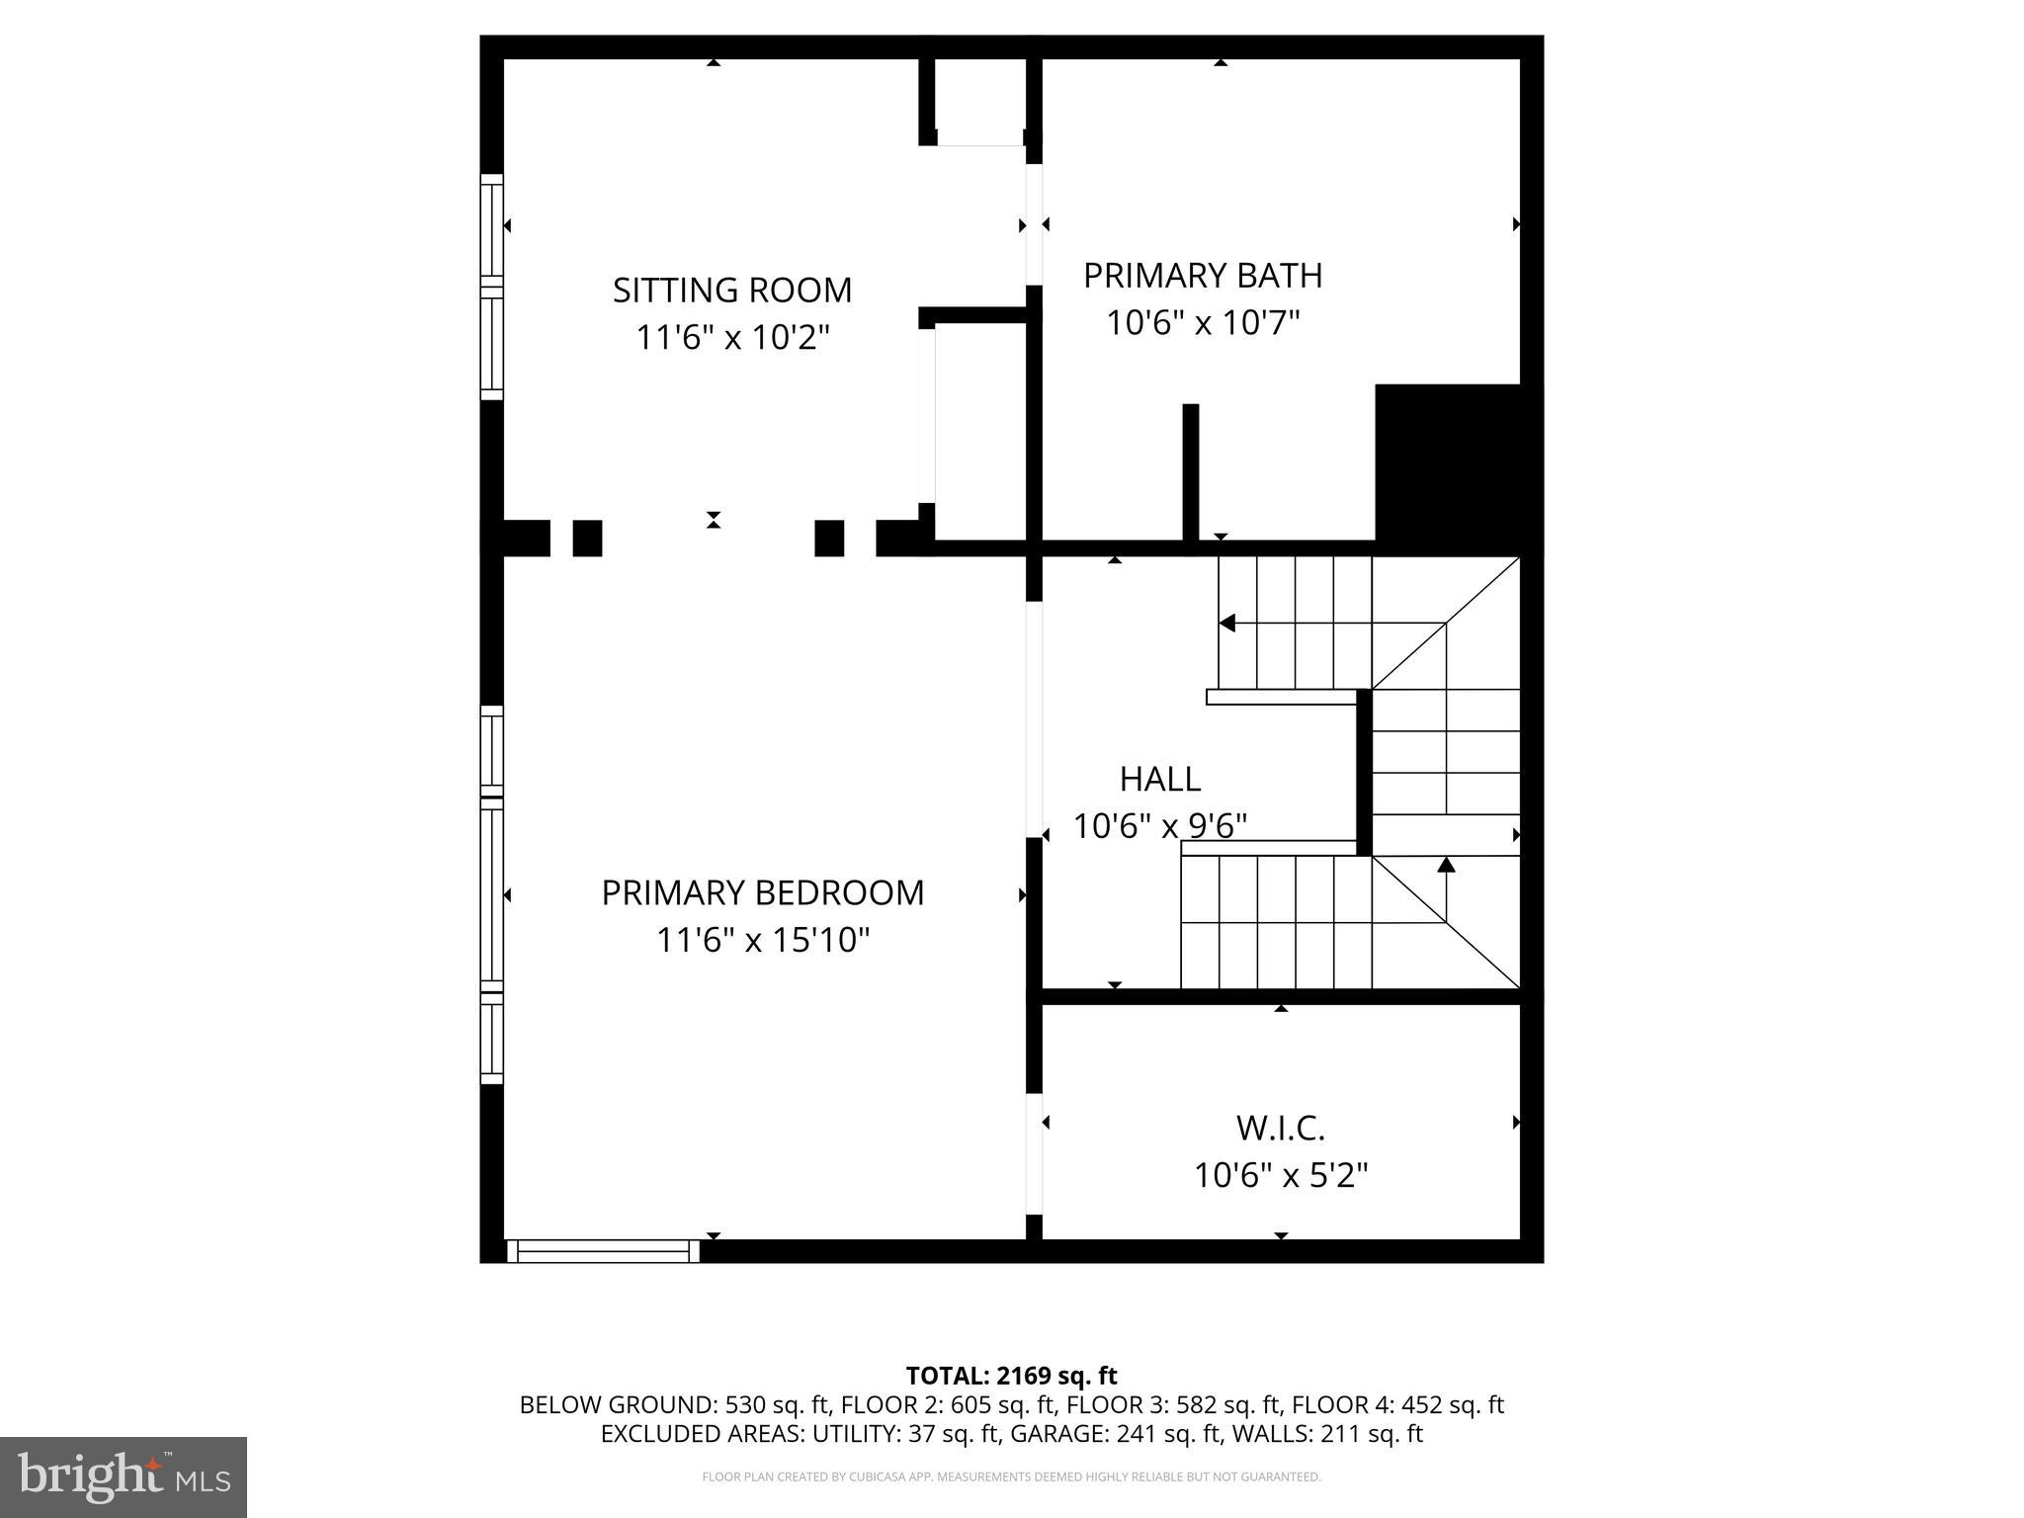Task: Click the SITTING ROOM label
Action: point(731,290)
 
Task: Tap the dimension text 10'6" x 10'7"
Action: point(1202,322)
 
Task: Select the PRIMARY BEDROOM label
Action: point(762,892)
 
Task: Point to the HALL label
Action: point(1159,779)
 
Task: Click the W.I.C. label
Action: point(1280,1128)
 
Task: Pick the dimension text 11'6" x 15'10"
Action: point(762,940)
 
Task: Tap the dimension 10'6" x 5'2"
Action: point(1280,1176)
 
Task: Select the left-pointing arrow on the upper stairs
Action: point(1227,623)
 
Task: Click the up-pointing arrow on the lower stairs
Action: point(1446,866)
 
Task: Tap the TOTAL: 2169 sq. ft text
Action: point(1011,1376)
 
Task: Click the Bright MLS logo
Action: point(123,1476)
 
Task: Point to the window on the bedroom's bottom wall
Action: point(603,1251)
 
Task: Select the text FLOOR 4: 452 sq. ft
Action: point(1397,1404)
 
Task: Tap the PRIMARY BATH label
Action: point(1202,275)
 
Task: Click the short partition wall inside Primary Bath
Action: point(1191,472)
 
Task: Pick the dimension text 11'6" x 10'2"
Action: point(731,338)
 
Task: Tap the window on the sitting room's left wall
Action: point(491,287)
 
